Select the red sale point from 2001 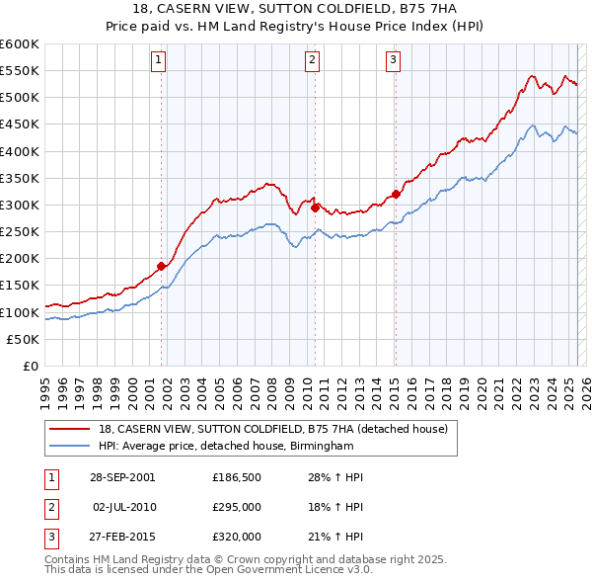[162, 266]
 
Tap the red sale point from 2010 [315, 208]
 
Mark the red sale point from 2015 [396, 194]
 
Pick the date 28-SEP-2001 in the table [122, 477]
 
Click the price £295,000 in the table [237, 507]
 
